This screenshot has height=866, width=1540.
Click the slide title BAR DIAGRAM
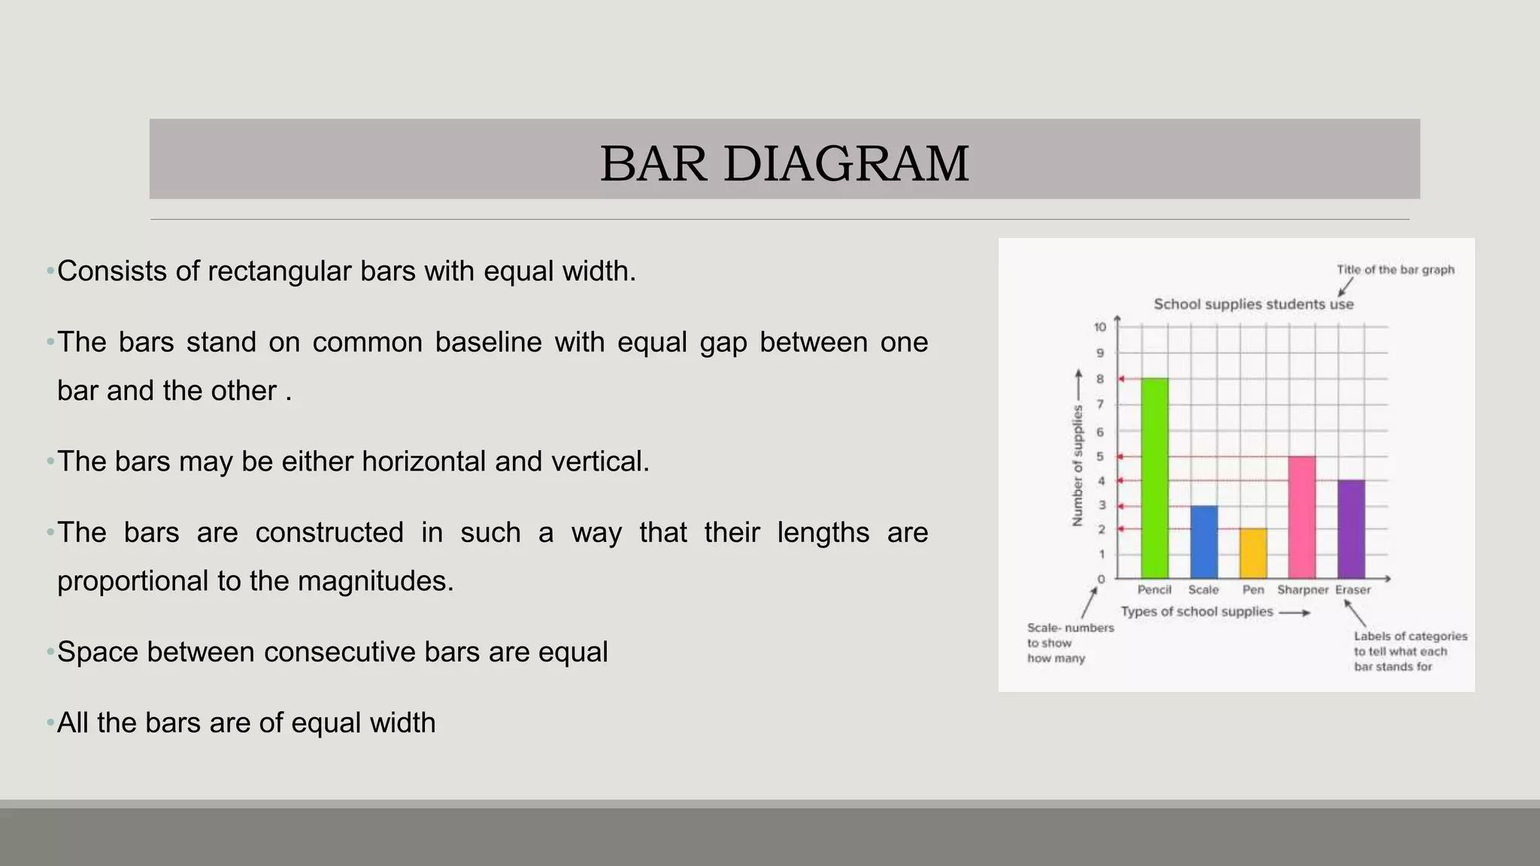(784, 163)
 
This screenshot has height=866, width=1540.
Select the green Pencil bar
(1154, 478)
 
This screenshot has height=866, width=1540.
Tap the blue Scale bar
(1204, 541)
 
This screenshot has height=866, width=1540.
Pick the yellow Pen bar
(1253, 553)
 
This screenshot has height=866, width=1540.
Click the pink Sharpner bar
(1302, 517)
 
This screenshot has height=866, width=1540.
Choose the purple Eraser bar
(1351, 528)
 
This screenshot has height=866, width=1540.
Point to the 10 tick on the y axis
(1100, 327)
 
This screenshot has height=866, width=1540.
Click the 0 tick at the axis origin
(1102, 579)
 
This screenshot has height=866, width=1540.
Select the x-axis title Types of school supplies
(1196, 612)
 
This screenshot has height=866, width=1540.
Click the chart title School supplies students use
(1254, 304)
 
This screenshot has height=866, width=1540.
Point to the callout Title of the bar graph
(1395, 270)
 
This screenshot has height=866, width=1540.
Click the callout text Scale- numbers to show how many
(1069, 643)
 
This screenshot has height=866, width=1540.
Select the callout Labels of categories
(1410, 637)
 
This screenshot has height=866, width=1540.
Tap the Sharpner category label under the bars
(1302, 590)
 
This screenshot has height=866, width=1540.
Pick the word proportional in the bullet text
(133, 581)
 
